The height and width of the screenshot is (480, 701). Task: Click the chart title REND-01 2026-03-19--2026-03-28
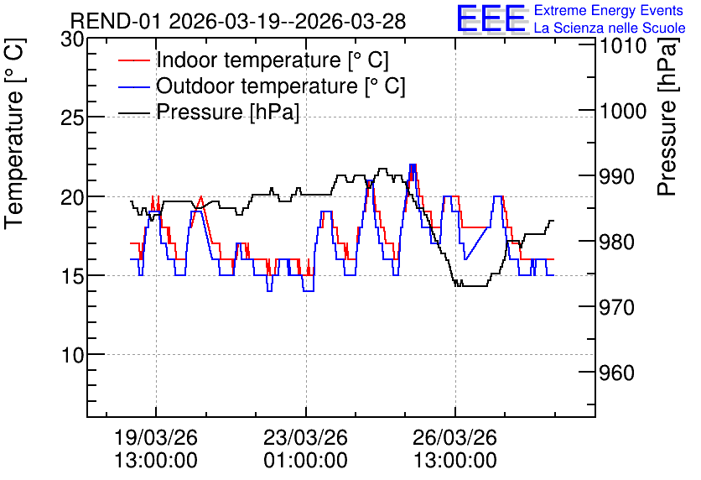coord(238,21)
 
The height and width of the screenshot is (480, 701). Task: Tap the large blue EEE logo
coord(491,18)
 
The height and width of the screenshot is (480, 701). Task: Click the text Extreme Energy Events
coord(609,10)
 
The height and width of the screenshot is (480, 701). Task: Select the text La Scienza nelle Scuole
coord(610,28)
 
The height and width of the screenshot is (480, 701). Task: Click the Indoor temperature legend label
coord(273,60)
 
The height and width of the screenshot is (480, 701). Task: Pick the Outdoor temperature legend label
coord(281,86)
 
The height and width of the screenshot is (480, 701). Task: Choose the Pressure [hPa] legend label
coord(227,112)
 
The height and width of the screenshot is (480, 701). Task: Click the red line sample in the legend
coord(134,60)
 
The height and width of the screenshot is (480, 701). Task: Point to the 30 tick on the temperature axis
coord(72,39)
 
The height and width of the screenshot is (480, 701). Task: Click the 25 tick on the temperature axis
coord(72,118)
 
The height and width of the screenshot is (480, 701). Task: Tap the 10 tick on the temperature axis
coord(72,355)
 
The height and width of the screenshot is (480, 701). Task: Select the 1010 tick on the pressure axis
coord(623,45)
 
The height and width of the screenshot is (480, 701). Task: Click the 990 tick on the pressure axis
coord(617,177)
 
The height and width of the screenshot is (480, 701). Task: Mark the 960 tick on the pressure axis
coord(617,373)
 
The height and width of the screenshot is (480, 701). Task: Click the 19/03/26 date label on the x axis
coord(156,437)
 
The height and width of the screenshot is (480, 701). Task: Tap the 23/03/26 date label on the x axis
coord(306,437)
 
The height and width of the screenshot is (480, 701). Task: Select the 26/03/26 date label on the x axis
coord(455,437)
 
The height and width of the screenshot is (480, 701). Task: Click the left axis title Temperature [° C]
coord(15,134)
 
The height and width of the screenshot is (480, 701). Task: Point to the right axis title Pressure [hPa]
coord(668,117)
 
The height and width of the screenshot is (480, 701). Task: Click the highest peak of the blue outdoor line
coord(413,164)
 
